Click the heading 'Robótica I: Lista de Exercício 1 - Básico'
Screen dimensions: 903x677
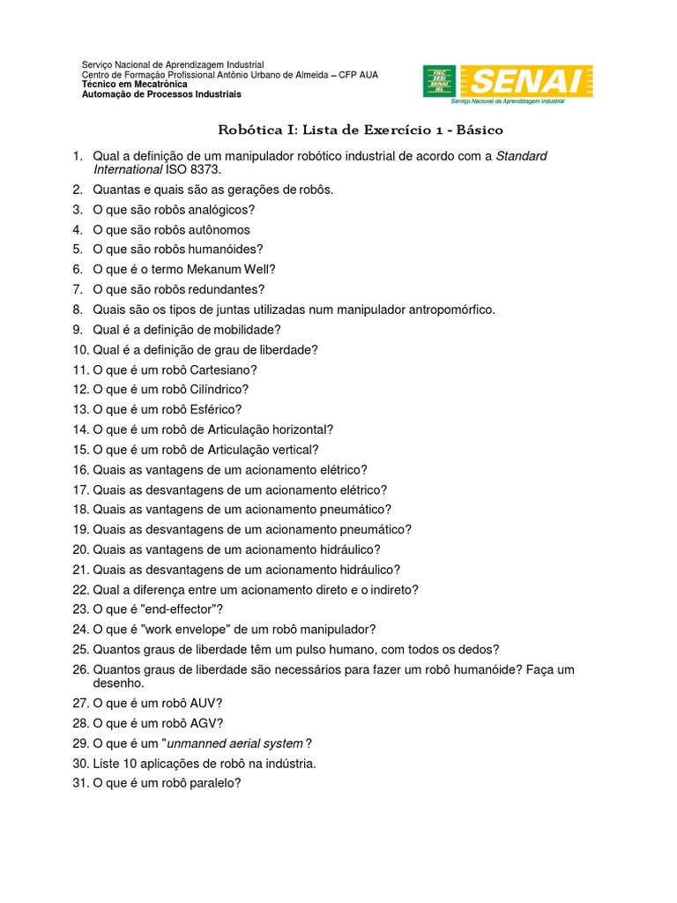(x=361, y=130)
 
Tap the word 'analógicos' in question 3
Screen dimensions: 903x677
(x=221, y=209)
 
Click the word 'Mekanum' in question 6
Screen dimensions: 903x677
(x=201, y=269)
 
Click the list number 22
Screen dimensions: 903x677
(x=81, y=589)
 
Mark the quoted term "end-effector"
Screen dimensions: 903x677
(x=180, y=609)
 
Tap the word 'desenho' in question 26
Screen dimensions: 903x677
(x=117, y=683)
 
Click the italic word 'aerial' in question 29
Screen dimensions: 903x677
(x=238, y=743)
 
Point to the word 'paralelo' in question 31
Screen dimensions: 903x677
(x=216, y=783)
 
